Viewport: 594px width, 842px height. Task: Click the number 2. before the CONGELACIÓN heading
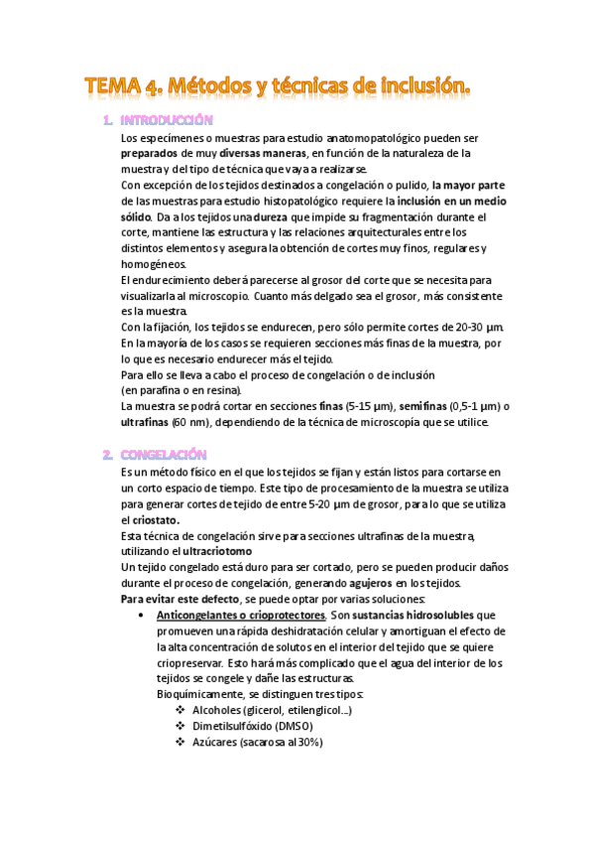click(107, 454)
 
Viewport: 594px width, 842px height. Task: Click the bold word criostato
click(149, 519)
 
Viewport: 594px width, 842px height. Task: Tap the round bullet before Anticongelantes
click(146, 616)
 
